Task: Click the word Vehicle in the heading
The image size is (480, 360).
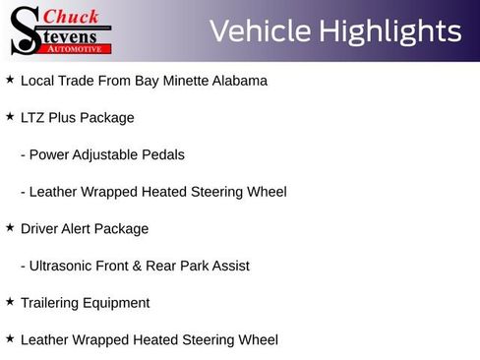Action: click(258, 31)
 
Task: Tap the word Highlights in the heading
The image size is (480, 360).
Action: click(388, 31)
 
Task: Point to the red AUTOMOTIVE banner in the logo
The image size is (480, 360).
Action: click(76, 47)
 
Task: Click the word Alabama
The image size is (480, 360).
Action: click(236, 81)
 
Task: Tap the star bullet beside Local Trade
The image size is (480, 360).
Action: click(10, 79)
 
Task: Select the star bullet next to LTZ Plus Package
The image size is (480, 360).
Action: click(10, 116)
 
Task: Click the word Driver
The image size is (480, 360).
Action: click(42, 229)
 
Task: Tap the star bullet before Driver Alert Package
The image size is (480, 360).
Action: click(10, 227)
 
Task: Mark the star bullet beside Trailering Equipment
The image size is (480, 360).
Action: click(10, 301)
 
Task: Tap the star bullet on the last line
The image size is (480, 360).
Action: click(10, 338)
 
